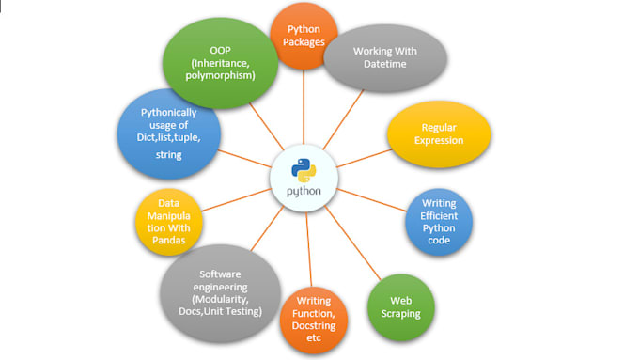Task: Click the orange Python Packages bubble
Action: pos(304,36)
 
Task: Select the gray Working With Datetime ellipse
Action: pos(385,58)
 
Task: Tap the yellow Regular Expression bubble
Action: pos(439,134)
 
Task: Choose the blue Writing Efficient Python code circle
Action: pos(439,222)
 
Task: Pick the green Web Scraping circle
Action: pos(401,307)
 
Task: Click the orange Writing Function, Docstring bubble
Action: pos(314,320)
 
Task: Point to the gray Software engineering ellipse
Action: pos(221,293)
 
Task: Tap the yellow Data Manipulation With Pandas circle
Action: pos(169,222)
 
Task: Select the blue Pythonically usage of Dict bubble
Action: pos(169,133)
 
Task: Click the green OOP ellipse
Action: pos(221,63)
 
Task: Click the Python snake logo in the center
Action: pos(304,170)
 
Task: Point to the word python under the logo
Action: pos(304,191)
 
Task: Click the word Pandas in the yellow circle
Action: pos(169,240)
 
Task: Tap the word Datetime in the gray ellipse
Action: pos(385,64)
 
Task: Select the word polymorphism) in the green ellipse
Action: pos(221,76)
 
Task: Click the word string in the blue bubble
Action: pos(169,155)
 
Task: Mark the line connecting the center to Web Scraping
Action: pos(353,243)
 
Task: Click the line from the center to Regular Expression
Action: pos(365,158)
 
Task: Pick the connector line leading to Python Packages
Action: pos(304,107)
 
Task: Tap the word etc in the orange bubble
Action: pos(314,338)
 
